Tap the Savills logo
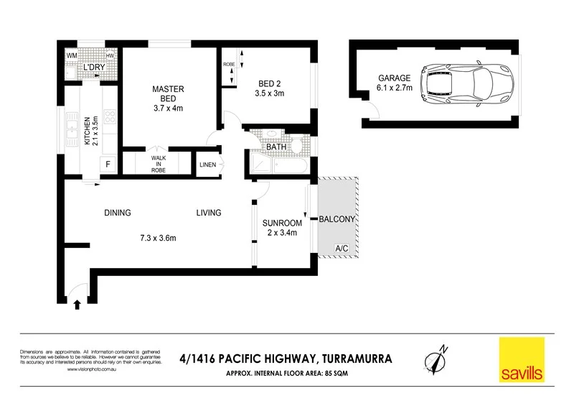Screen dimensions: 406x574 [522, 359]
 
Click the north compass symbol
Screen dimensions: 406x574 [437, 358]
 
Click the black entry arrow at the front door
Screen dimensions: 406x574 [77, 305]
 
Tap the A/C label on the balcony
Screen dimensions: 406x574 [342, 249]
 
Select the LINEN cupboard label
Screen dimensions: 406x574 [208, 165]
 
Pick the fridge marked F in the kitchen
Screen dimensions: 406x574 [108, 165]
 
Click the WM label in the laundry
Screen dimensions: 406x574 [72, 55]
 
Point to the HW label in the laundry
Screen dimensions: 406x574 [110, 55]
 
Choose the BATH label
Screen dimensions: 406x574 [276, 147]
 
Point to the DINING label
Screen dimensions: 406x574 [117, 213]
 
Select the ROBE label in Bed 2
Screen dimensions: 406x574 [229, 64]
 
